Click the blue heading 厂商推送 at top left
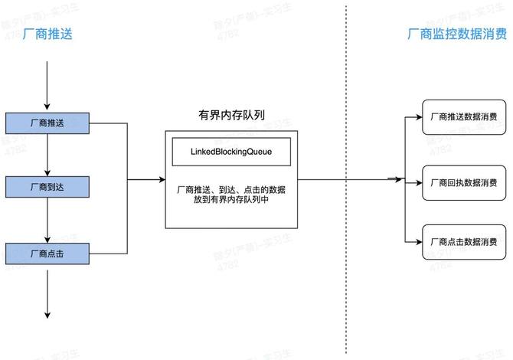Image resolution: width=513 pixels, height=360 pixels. tap(48, 34)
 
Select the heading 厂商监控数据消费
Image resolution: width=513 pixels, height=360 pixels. tap(457, 34)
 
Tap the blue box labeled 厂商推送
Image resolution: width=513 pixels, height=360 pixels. tap(47, 123)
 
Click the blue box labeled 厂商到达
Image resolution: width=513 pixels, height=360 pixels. tap(47, 186)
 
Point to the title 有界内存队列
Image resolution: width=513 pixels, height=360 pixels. tap(231, 116)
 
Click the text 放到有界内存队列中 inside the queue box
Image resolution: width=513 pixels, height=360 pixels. tap(230, 199)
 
